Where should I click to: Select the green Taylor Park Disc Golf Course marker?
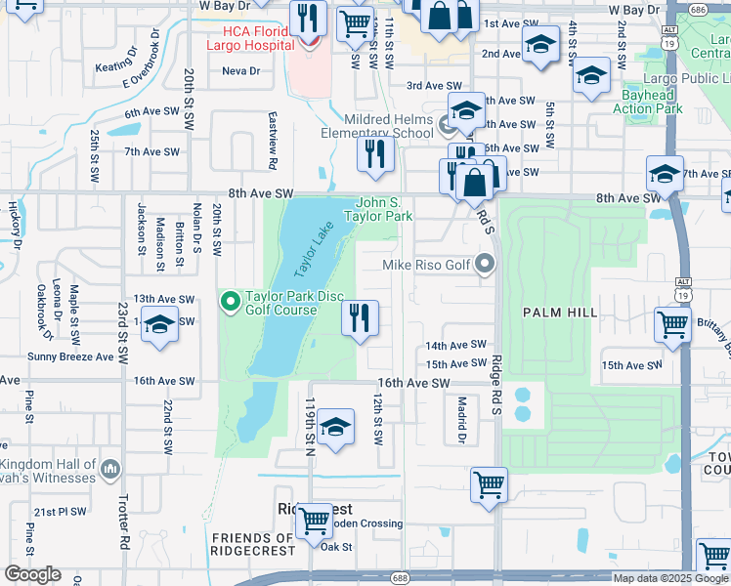pos(231,302)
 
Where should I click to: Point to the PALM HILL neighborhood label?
pos(559,313)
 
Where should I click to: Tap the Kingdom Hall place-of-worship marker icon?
pos(109,471)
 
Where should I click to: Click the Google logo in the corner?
pos(32,574)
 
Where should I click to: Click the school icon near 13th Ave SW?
pos(159,325)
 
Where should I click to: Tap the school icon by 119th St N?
pos(335,427)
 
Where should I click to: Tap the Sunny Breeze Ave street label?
pos(70,357)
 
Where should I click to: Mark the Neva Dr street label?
pos(240,71)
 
